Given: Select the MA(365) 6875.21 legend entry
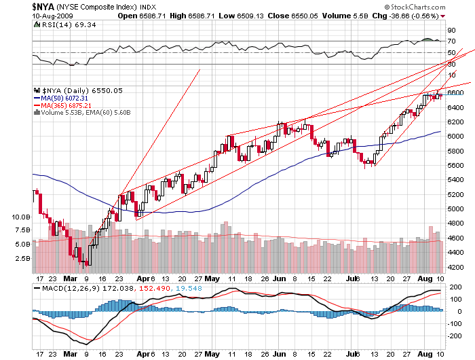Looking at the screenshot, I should click(x=66, y=105).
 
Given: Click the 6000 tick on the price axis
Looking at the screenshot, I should click(x=455, y=137).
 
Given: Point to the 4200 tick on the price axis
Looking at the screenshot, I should click(x=455, y=268).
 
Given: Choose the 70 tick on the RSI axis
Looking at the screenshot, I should click(x=451, y=41).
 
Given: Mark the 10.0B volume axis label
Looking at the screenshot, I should click(x=22, y=217).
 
